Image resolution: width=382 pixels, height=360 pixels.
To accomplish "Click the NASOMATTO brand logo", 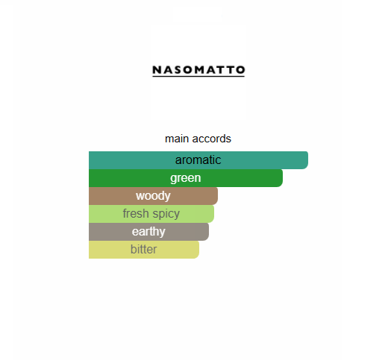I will point(198,69).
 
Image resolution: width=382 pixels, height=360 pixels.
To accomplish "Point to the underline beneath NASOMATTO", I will point(198,75).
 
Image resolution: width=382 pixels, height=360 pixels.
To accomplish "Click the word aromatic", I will point(198,160).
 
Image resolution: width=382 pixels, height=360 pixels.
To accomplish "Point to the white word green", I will point(185,178).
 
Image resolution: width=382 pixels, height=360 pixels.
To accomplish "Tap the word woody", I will point(153,196).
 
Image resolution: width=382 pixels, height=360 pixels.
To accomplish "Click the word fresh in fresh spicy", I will point(135,214).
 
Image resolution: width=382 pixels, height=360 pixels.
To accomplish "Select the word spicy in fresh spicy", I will point(165,214).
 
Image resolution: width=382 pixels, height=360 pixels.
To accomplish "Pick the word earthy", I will point(148,232).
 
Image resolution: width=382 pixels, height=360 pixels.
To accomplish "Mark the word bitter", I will point(144,250).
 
